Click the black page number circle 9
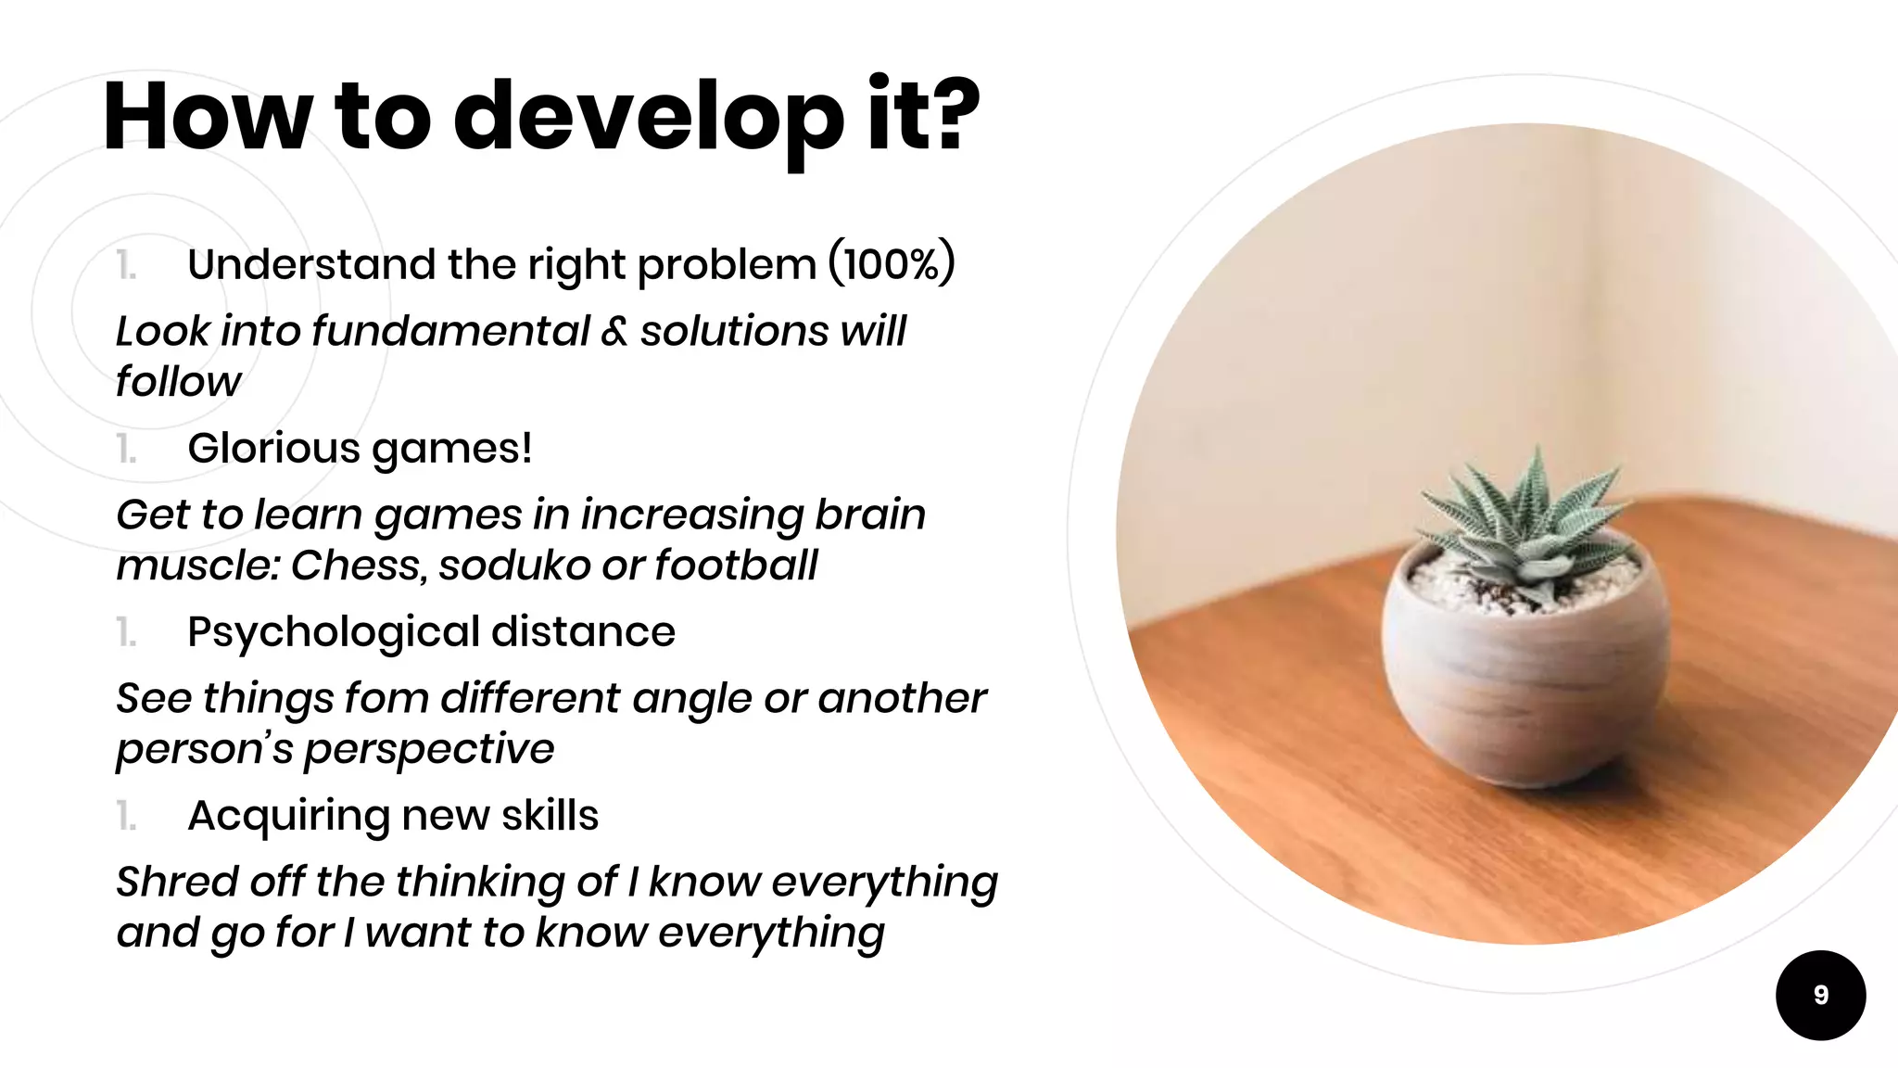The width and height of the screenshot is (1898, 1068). click(x=1820, y=995)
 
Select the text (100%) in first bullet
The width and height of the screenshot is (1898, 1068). click(x=891, y=264)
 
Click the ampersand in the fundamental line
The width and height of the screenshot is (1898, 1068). click(x=614, y=332)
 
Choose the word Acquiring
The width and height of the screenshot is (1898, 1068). click(x=288, y=817)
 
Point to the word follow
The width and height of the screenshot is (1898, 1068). click(x=178, y=382)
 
